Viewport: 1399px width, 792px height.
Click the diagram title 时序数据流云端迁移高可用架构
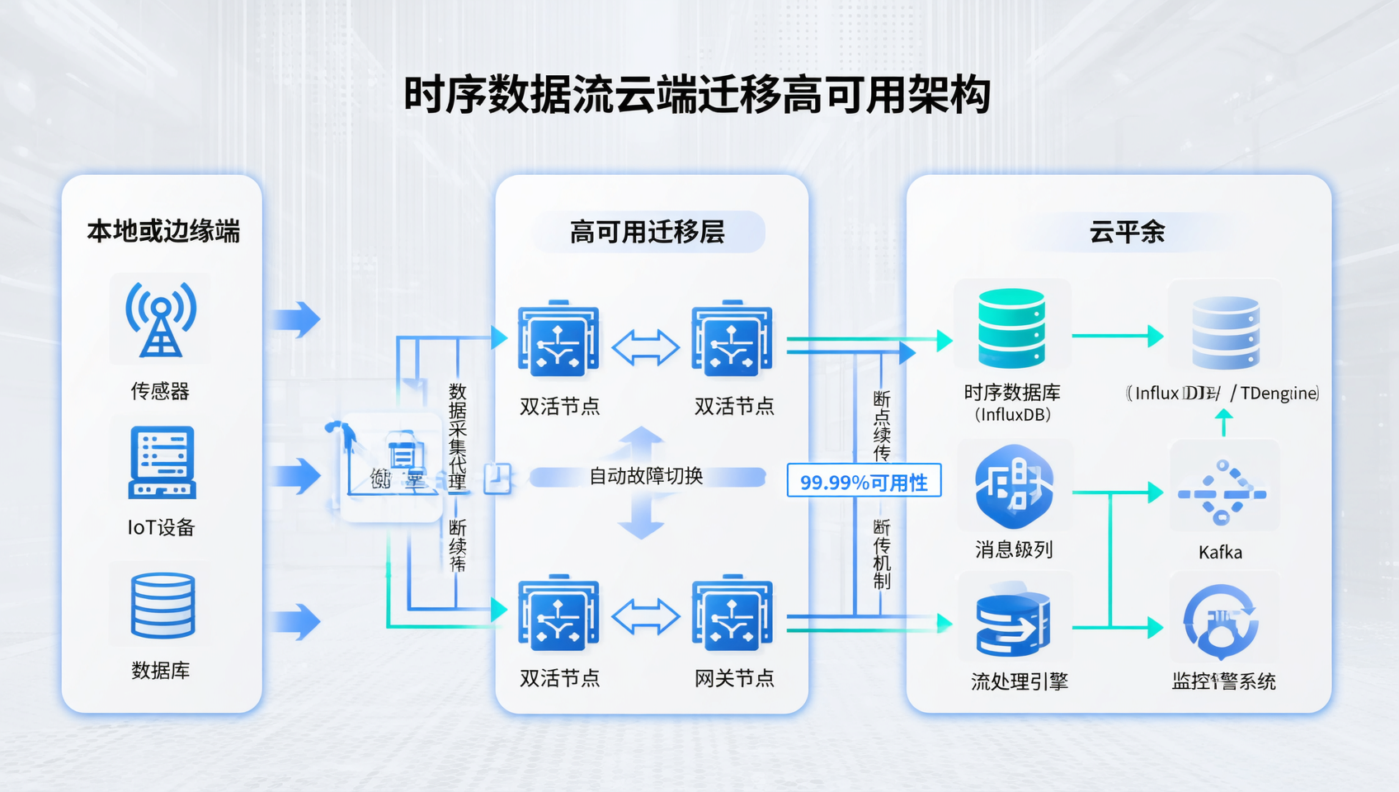point(697,95)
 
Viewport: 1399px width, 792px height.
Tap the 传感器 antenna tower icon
point(161,320)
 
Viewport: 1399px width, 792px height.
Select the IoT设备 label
point(161,527)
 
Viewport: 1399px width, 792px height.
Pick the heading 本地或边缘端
point(163,231)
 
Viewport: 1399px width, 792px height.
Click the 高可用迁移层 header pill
point(648,232)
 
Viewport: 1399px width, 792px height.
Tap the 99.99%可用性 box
point(864,482)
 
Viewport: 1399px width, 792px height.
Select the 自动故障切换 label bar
point(647,476)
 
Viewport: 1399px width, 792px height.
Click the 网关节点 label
point(734,678)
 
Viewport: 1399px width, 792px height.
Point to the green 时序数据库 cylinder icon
point(1011,328)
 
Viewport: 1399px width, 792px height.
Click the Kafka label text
point(1220,552)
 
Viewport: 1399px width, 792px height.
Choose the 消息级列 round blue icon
point(1014,487)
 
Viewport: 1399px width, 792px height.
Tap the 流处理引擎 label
point(1019,681)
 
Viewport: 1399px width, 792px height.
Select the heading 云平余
point(1127,232)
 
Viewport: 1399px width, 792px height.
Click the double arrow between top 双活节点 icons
point(645,346)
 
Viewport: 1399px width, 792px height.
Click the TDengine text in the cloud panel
point(1279,394)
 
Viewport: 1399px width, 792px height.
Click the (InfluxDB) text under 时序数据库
point(1012,414)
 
